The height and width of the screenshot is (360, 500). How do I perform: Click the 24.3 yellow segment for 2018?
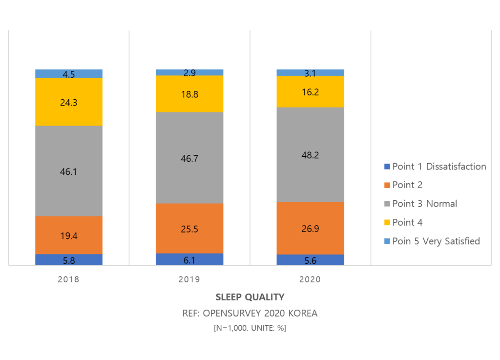69,102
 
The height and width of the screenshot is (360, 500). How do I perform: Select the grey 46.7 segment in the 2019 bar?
189,158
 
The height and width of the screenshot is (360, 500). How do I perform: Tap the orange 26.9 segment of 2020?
311,228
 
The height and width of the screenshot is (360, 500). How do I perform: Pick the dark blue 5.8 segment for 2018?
69,260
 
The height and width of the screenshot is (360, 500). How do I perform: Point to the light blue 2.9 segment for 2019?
189,72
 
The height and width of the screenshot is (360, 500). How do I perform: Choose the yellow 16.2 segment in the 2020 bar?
311,91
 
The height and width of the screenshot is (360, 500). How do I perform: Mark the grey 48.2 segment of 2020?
311,154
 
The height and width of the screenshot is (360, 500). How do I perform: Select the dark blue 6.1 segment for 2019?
189,259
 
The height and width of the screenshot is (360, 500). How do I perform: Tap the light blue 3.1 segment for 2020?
311,73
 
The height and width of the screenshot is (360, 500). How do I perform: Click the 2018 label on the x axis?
68,280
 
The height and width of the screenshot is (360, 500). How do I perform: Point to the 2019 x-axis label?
189,280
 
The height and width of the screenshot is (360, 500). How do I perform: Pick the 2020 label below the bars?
310,280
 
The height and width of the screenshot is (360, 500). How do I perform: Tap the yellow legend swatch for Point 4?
388,223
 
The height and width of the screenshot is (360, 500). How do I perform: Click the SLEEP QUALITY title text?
250,297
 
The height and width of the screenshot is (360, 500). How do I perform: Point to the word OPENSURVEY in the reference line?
230,313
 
